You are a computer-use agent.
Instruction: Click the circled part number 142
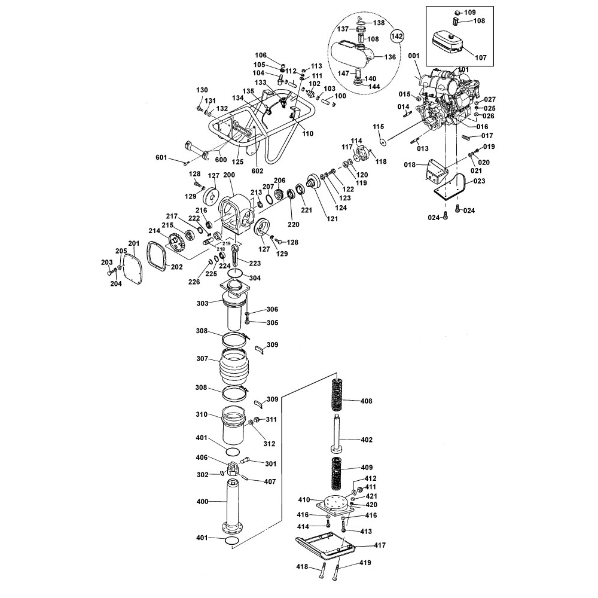(x=396, y=36)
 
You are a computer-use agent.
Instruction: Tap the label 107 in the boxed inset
(x=481, y=57)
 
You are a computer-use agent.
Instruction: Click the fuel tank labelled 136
(x=352, y=54)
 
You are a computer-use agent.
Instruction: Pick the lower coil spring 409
(x=337, y=473)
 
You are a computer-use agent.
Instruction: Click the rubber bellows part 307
(x=233, y=367)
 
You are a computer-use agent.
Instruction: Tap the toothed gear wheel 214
(x=176, y=243)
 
